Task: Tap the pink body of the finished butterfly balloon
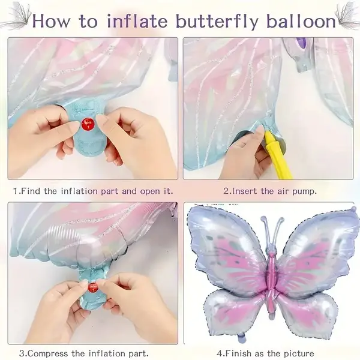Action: click(x=271, y=276)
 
